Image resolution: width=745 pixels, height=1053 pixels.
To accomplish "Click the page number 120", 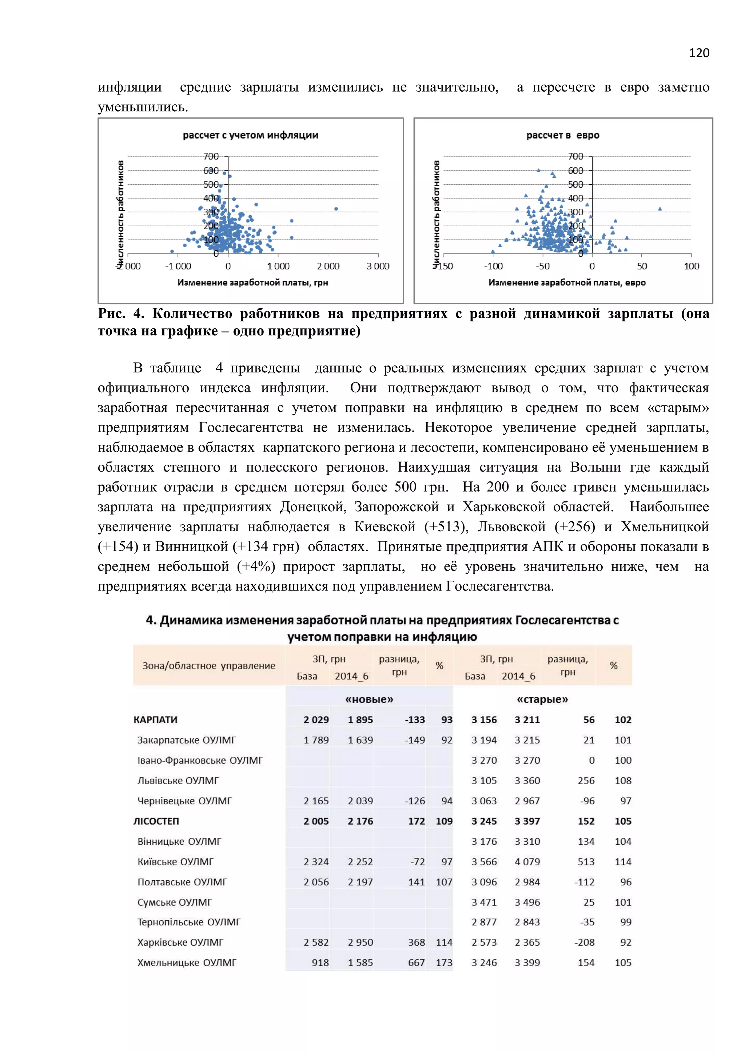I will [699, 53].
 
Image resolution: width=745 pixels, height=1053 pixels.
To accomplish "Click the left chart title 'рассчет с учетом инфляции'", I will [251, 135].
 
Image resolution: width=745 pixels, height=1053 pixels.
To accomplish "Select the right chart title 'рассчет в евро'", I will [562, 135].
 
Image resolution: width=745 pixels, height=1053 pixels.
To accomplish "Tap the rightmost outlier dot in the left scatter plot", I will [336, 209].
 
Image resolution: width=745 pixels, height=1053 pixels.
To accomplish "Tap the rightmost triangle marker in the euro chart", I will [660, 209].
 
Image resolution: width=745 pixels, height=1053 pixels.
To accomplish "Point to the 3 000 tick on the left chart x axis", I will [378, 266].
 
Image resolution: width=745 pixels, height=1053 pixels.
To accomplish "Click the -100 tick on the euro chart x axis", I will [493, 266].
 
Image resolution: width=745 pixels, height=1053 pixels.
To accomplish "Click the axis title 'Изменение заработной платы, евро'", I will [567, 283].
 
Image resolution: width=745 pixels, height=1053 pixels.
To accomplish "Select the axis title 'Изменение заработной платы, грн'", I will [253, 283].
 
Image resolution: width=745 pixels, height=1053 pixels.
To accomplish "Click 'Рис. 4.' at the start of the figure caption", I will [121, 314].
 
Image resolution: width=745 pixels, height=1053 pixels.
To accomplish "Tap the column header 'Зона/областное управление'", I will [209, 665].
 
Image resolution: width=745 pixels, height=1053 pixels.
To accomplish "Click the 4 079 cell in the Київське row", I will [527, 862].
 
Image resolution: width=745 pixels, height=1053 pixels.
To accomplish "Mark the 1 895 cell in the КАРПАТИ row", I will [360, 720].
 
